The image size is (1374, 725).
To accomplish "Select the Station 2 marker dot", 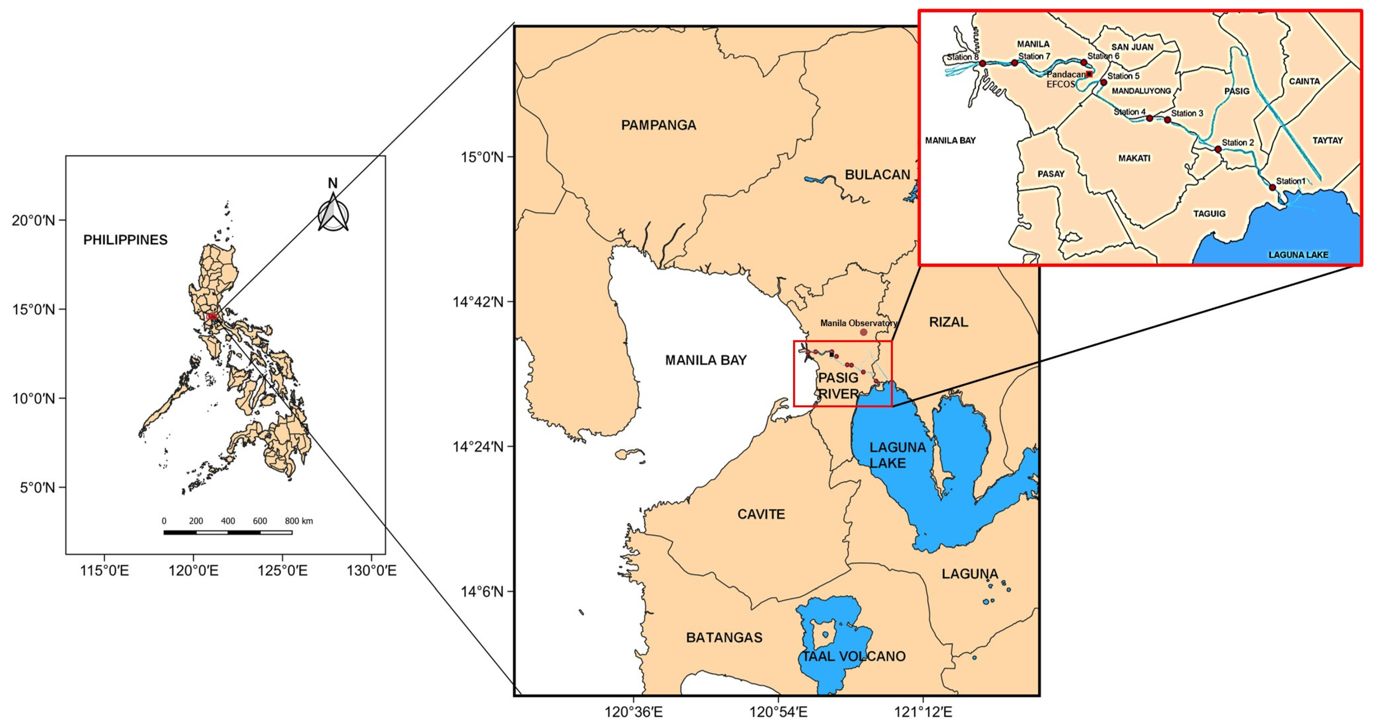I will (1218, 149).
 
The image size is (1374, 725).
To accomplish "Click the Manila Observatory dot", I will (864, 332).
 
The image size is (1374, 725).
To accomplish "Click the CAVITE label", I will (761, 514).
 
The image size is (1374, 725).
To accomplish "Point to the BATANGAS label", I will (724, 637).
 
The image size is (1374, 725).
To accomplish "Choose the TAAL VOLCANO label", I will (854, 656).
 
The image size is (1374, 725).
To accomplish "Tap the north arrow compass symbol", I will (333, 213).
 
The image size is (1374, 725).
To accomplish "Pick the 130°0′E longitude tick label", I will (371, 571).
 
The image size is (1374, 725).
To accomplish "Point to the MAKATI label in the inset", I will (1134, 158).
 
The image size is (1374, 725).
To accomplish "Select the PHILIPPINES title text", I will (125, 240).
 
